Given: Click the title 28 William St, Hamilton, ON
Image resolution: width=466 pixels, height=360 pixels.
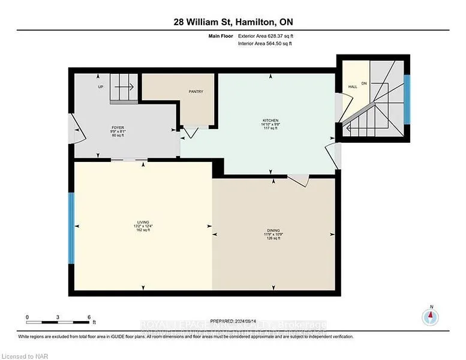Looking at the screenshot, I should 233,22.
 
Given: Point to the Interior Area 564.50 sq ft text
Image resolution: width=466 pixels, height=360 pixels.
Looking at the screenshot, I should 264,43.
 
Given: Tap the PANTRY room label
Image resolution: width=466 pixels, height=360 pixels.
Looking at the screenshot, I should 196,92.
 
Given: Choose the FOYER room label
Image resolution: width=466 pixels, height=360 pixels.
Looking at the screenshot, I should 117,128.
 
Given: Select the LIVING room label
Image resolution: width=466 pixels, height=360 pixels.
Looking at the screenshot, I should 143,221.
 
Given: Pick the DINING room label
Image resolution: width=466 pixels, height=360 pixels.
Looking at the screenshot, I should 273,230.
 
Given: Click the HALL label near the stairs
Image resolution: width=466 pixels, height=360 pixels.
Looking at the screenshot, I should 353,87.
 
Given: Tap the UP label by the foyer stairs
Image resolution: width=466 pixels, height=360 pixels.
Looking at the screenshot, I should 101,87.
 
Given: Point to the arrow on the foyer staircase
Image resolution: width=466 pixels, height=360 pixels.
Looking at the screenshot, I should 124,87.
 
